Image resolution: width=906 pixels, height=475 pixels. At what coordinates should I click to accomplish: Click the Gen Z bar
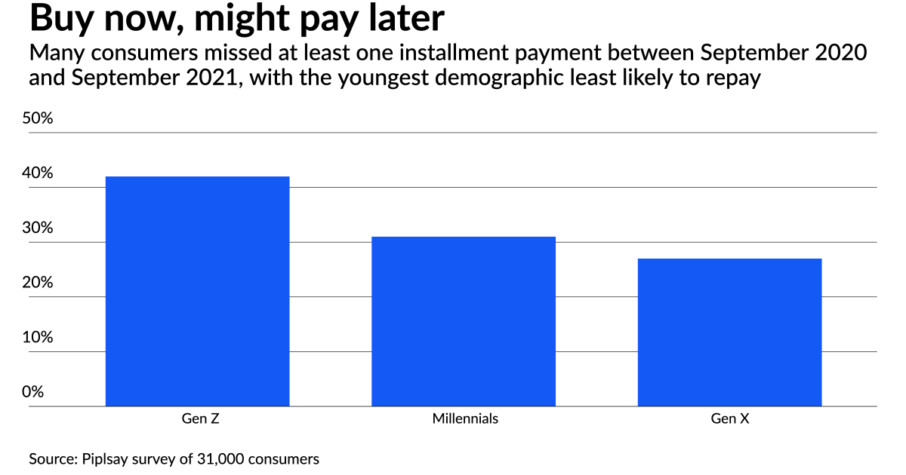[x=197, y=291]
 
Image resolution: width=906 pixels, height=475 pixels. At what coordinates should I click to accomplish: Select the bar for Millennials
[x=464, y=321]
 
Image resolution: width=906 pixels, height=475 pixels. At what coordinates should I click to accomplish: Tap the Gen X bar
[x=729, y=332]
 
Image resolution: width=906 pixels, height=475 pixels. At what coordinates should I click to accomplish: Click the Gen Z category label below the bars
[x=197, y=418]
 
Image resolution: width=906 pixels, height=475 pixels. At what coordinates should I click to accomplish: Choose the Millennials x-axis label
[x=465, y=418]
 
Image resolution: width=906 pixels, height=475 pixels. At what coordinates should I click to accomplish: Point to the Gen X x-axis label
[x=729, y=418]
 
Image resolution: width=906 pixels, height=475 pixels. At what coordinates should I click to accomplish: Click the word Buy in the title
[x=60, y=19]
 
